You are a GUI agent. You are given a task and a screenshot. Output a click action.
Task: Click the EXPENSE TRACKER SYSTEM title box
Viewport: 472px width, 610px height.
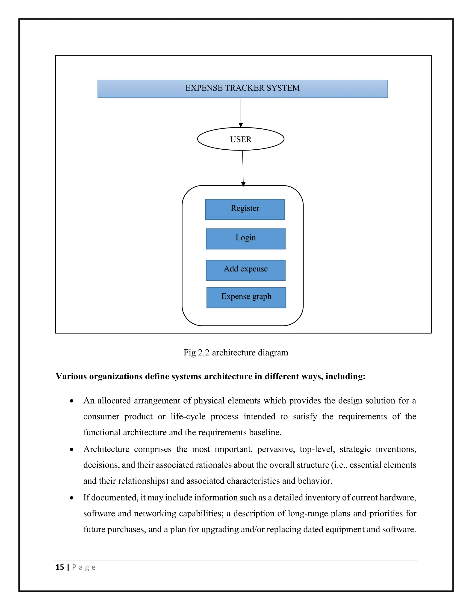point(242,89)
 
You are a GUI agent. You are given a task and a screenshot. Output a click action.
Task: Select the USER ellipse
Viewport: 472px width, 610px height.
point(241,139)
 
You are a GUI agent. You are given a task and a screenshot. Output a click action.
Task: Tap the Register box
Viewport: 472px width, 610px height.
point(245,209)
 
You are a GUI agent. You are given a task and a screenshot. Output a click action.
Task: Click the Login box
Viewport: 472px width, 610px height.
point(245,239)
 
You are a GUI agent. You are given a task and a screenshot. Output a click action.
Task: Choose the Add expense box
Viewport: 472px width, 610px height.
point(245,270)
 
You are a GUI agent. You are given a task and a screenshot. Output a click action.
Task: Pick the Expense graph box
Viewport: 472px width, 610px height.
point(246,298)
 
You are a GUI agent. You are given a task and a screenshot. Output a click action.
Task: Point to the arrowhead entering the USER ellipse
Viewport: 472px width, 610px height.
point(241,125)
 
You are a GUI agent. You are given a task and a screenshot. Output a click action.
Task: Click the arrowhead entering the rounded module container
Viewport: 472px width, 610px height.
point(243,184)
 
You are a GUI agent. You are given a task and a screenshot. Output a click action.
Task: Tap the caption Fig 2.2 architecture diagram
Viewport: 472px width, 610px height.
point(236,352)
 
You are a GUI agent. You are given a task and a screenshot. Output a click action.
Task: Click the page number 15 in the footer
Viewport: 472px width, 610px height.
point(60,567)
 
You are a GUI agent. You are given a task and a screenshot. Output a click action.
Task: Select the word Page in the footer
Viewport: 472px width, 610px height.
point(84,567)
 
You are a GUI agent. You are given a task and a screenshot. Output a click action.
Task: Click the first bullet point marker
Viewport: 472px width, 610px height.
point(72,401)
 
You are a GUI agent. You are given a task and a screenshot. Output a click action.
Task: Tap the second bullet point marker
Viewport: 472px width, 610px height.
point(72,450)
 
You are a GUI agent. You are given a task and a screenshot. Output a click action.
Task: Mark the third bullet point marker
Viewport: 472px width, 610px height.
point(72,498)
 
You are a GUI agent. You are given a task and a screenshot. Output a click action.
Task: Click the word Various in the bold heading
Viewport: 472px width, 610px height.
point(71,377)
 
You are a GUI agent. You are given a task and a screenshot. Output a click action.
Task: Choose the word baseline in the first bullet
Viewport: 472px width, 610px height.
point(265,432)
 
